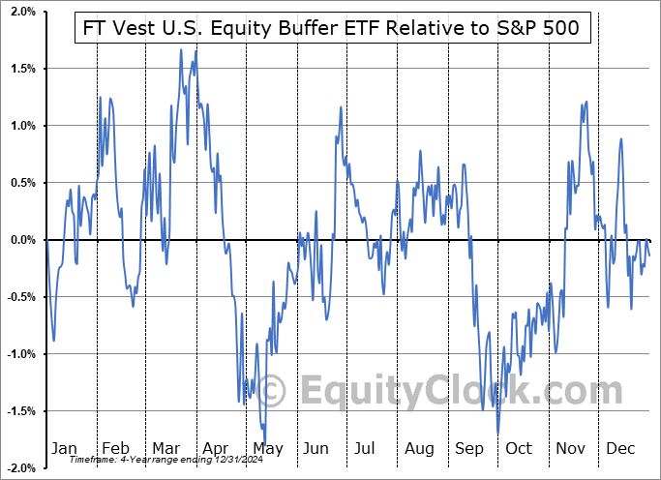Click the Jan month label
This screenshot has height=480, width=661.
(63, 449)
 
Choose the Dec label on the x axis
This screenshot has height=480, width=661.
(620, 449)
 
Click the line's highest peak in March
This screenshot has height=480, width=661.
(181, 49)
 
